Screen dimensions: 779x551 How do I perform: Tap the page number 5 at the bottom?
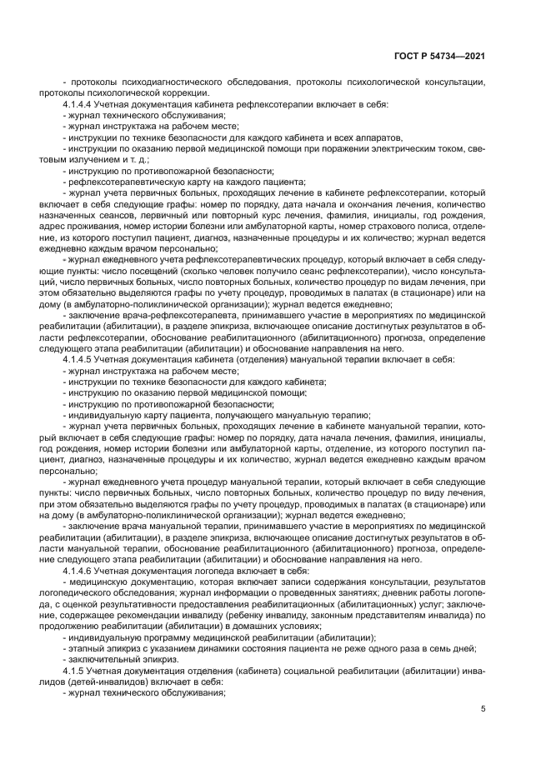tap(483, 708)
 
